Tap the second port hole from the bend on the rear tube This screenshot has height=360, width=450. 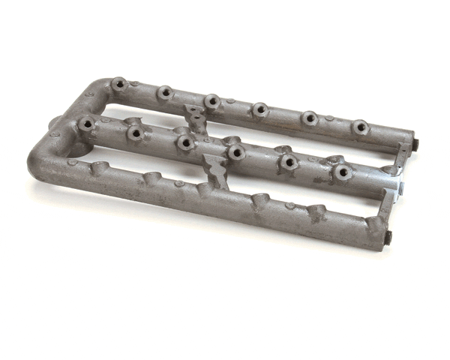click(165, 93)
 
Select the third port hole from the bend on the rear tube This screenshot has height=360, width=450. click(212, 101)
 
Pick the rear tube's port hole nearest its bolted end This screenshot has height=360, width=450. click(360, 127)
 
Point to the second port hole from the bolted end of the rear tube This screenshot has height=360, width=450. click(310, 118)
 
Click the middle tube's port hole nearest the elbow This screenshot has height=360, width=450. click(87, 123)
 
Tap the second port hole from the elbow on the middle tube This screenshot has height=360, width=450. click(136, 133)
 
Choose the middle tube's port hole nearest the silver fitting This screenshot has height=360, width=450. click(343, 172)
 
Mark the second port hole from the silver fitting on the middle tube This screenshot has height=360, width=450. click(289, 162)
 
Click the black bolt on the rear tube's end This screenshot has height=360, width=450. click(414, 143)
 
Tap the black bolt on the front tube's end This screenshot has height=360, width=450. click(388, 238)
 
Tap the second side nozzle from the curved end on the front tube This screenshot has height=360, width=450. click(153, 179)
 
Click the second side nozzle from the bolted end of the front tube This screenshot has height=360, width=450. click(316, 212)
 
